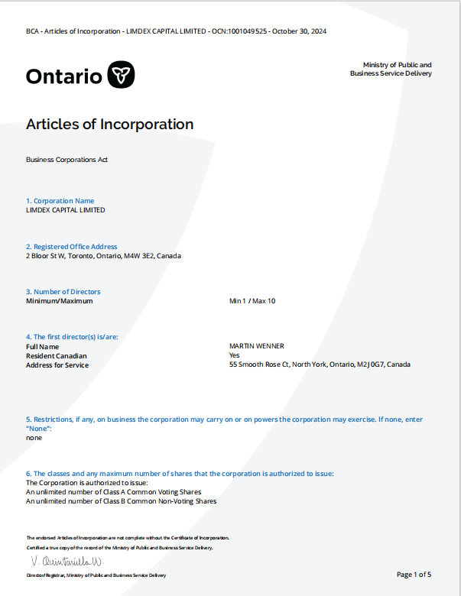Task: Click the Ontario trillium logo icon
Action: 121,75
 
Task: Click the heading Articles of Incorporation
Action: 109,124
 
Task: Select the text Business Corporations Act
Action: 67,160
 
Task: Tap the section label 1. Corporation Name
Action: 60,201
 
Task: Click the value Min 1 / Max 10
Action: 252,301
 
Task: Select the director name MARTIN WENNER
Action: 257,346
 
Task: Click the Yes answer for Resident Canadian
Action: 235,355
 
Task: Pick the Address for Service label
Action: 57,365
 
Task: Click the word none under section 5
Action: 34,438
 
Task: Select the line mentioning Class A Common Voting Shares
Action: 114,492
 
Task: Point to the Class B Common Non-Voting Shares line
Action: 121,501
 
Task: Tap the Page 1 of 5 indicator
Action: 414,574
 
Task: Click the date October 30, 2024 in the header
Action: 300,31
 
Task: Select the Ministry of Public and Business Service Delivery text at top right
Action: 391,69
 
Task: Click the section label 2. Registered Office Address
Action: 72,247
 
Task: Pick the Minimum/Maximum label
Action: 60,301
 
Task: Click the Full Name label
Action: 43,347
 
